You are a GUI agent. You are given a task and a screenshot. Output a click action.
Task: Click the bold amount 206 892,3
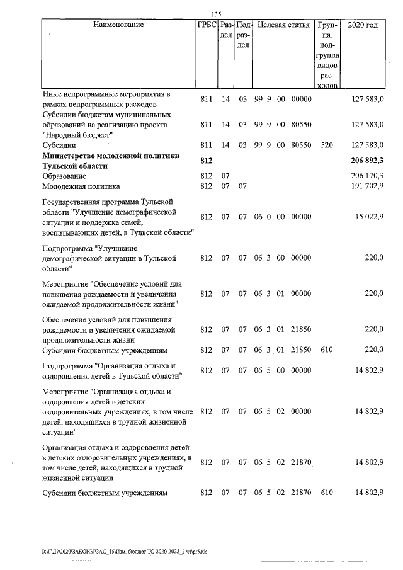tap(368, 162)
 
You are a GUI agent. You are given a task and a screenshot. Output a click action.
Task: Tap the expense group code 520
tap(327, 145)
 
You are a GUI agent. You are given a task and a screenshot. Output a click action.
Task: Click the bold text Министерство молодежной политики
tap(110, 156)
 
